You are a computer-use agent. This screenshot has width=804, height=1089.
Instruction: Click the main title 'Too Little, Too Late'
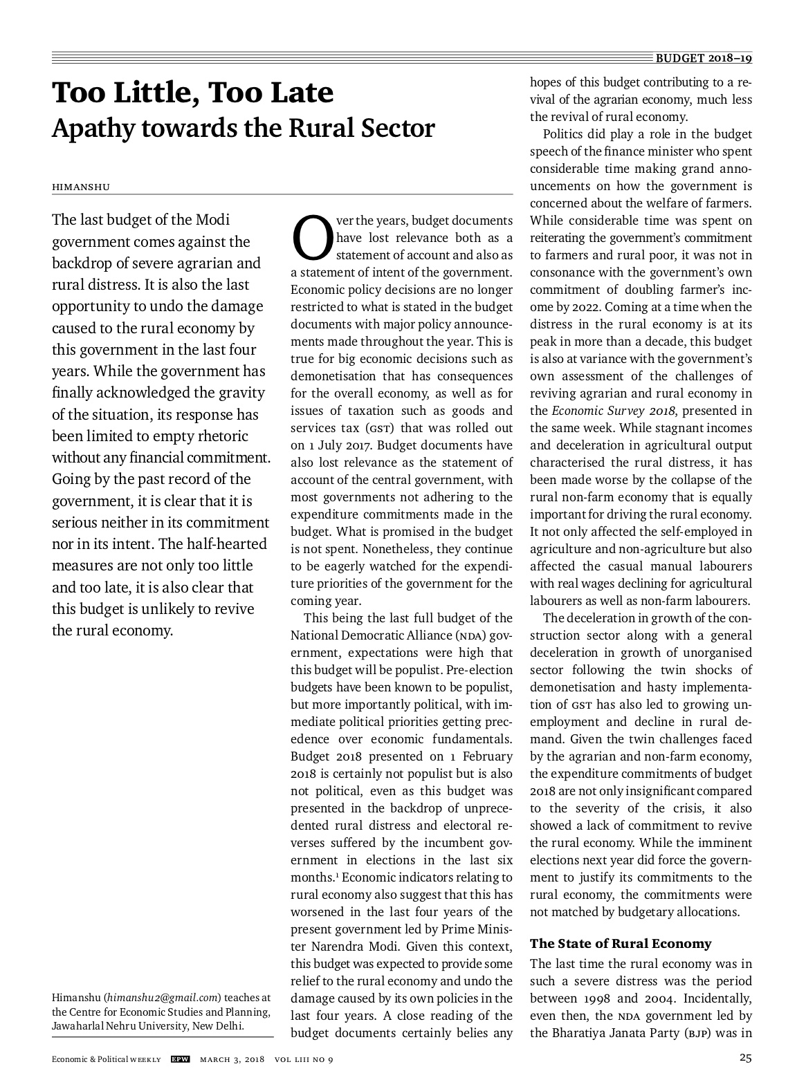[192, 93]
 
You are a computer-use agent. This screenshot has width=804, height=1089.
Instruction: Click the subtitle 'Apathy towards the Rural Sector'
[243, 129]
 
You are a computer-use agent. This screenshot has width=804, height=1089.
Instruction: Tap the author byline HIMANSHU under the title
[81, 187]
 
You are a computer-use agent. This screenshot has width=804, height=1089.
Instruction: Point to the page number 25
[745, 1058]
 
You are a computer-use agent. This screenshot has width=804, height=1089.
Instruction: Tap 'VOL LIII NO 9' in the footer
[304, 1059]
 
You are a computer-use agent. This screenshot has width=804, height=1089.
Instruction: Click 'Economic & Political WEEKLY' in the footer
[107, 1059]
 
